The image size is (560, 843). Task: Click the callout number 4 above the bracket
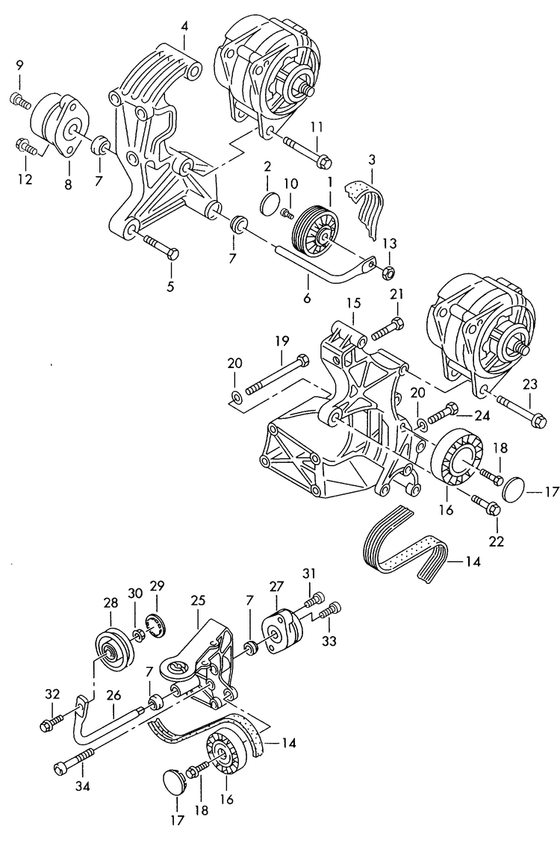coord(184,28)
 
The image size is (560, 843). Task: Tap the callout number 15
coord(352,305)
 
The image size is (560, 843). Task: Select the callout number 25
coord(198,600)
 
